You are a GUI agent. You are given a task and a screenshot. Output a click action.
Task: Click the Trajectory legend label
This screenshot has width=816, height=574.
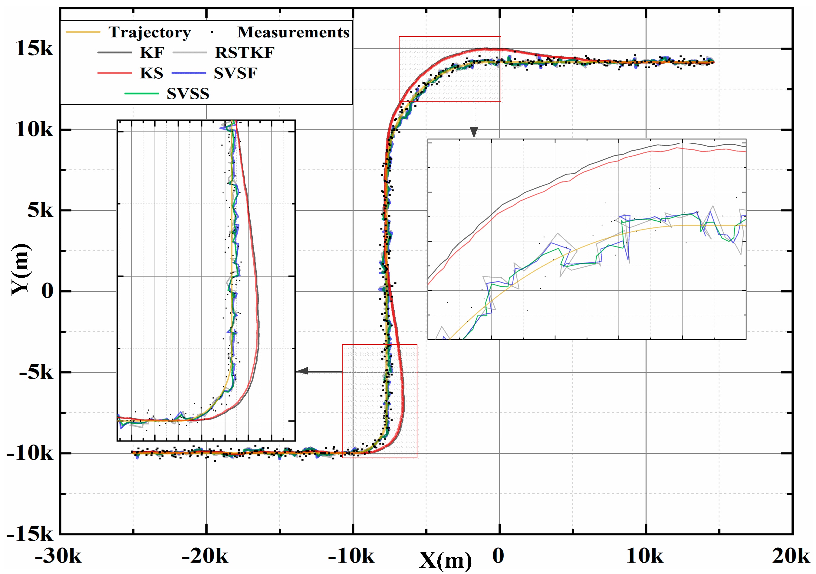tap(150, 32)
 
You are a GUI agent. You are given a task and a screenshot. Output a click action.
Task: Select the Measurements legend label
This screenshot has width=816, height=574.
tap(294, 32)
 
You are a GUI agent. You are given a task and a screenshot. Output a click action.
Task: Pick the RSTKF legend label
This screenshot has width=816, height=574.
tap(245, 53)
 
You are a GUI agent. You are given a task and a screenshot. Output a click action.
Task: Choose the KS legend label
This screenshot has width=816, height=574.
tap(152, 73)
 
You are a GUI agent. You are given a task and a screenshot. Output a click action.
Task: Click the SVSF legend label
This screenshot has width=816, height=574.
tap(236, 73)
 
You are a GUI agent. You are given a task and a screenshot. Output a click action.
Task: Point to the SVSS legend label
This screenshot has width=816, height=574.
tap(188, 94)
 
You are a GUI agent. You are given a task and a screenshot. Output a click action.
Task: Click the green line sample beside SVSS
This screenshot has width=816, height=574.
tap(141, 93)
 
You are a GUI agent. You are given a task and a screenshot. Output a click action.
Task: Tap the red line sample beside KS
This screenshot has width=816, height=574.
tap(114, 73)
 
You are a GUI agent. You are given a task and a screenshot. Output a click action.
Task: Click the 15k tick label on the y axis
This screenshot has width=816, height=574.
tap(34, 48)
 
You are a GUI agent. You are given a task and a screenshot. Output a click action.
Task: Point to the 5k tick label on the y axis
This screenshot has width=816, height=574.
tap(40, 210)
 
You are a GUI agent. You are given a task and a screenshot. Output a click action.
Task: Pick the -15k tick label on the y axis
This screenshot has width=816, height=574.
tap(30, 534)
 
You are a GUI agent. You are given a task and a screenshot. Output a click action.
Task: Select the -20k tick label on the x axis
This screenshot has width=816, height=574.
tap(205, 556)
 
